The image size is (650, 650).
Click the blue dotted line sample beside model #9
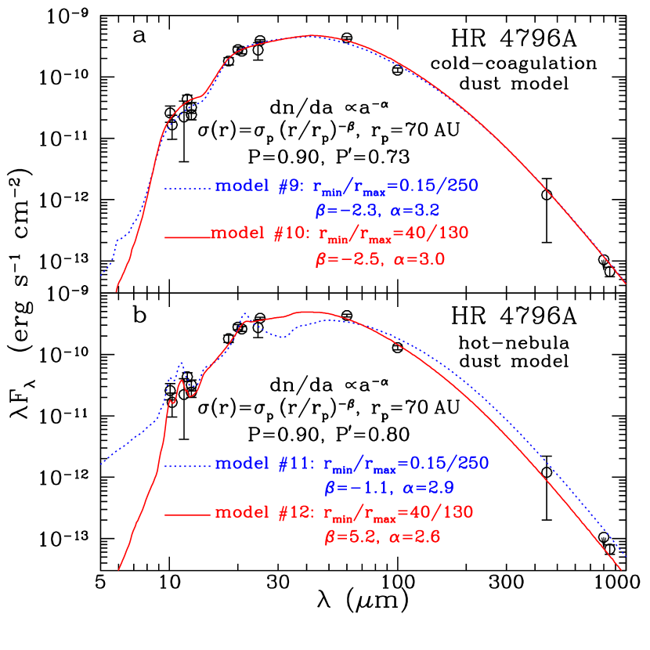[x=188, y=188]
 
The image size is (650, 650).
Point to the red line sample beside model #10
[x=188, y=236]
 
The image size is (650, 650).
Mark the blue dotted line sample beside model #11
[x=188, y=465]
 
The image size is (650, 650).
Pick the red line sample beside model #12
[x=188, y=515]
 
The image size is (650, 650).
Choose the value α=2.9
[x=429, y=487]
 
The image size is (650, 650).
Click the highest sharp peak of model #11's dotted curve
[x=245, y=314]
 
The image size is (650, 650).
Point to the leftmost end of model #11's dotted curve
[x=101, y=464]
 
